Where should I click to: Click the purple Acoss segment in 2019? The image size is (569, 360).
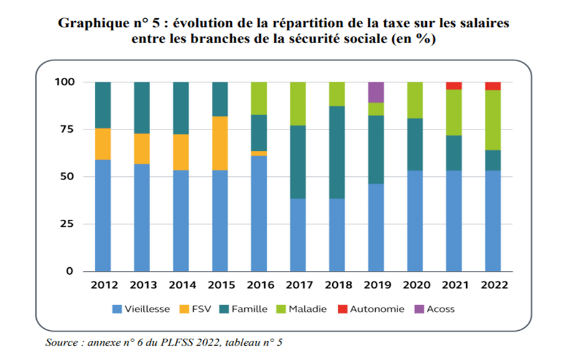pos(376,92)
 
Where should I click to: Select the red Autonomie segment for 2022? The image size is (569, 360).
pos(493,86)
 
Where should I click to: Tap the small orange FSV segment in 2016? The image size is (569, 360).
pos(259,153)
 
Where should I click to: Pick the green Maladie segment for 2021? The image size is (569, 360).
pos(454,112)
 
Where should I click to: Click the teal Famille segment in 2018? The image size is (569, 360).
pos(337,153)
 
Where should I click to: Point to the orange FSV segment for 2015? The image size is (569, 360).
pos(219,143)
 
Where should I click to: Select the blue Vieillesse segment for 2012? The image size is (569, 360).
pos(102,216)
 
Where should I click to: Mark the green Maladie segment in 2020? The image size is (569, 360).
pos(415,100)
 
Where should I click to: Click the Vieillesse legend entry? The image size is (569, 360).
pos(141,309)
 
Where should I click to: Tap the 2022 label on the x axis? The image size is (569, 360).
pos(493,285)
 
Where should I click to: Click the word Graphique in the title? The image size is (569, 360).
pos(92,23)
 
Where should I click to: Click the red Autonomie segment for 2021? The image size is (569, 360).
pos(454,85)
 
